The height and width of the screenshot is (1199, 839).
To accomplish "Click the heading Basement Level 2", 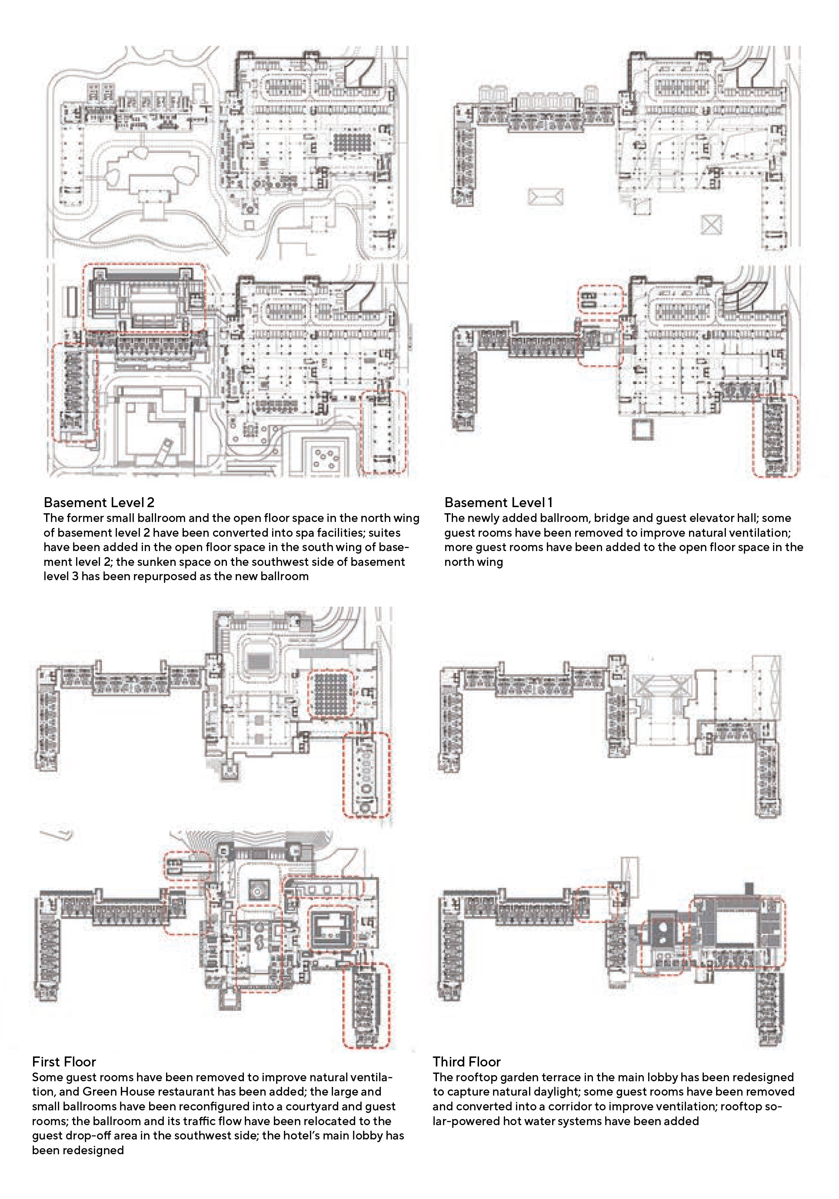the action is coord(99,502).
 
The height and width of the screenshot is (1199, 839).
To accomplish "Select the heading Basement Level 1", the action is coord(498,502).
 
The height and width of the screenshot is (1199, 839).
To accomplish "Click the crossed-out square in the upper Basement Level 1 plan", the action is coord(712,225).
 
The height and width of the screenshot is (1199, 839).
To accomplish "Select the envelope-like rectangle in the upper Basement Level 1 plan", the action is coord(546,197).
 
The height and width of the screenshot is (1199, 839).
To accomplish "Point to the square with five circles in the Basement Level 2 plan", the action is coord(326,457).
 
